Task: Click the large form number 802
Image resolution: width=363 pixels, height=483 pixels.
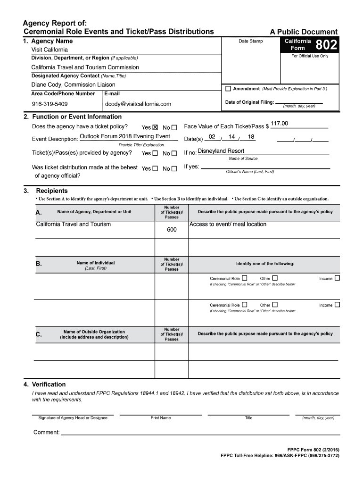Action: point(326,45)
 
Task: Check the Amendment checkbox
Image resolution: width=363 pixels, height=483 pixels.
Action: point(228,89)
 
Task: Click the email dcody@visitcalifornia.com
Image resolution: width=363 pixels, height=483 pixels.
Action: point(138,104)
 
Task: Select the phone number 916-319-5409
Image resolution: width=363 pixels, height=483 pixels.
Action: point(49,104)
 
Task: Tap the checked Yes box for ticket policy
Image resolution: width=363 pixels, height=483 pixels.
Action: point(155,127)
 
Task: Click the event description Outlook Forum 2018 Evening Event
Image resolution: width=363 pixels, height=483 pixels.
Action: point(125,136)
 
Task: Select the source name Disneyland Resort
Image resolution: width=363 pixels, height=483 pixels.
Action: point(221,151)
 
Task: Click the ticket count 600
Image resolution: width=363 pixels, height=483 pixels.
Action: point(172,230)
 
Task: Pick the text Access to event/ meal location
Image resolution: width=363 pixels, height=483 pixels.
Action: point(228,224)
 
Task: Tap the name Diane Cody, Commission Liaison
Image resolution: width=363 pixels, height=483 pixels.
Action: point(73,85)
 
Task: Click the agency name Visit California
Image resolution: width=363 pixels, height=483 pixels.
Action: point(49,50)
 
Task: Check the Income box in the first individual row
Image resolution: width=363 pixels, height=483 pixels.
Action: point(337,278)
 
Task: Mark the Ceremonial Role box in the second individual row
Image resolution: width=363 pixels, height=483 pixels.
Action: point(244,305)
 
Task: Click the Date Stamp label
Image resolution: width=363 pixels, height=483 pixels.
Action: point(250,42)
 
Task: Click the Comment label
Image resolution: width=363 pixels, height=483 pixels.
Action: point(46,433)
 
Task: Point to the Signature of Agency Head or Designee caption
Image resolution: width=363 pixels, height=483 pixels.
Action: point(73,418)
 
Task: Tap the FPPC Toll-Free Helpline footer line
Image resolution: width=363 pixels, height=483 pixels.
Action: point(280,456)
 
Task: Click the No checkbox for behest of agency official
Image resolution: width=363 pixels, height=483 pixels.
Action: point(174,169)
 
